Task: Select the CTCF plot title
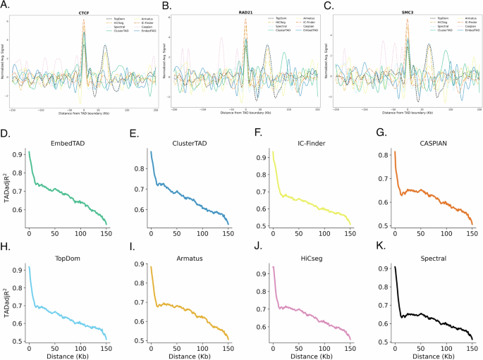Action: pos(83,13)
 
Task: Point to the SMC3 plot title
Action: pos(408,13)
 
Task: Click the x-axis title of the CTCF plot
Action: pos(83,116)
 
